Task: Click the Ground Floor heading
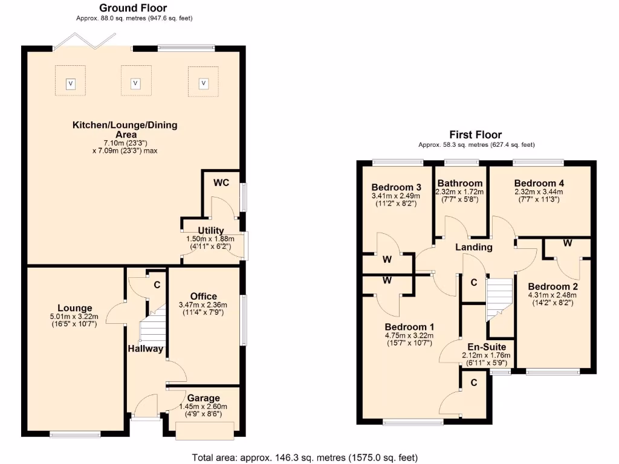coord(133,8)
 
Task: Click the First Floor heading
coord(475,135)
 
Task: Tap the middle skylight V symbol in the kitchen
coord(135,83)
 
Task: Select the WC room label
coord(221,182)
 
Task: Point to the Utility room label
coord(211,230)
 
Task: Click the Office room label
coord(204,296)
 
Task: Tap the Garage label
coord(203,398)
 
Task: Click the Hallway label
coord(145,349)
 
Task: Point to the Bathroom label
coord(460,183)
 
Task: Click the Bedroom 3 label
coord(396,186)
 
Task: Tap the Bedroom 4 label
coord(539,183)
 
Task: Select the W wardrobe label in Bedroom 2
coord(567,243)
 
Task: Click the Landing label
coord(474,247)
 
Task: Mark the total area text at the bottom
coord(304,457)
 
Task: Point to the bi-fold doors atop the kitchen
coord(84,40)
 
